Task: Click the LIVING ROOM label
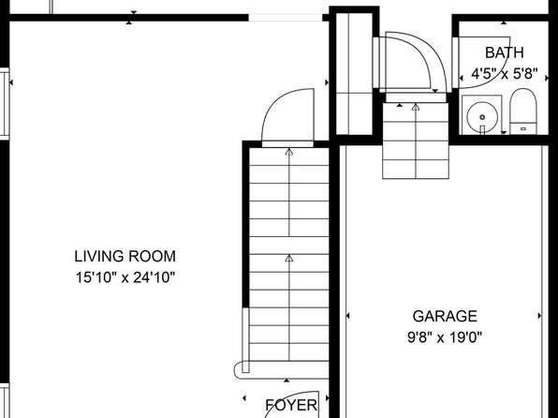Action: [x=125, y=257]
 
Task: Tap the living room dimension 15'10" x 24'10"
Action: [x=125, y=277]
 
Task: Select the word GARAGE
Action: [x=445, y=317]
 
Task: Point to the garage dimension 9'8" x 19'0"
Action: [x=445, y=336]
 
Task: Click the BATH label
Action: [x=505, y=52]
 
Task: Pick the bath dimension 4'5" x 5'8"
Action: [x=504, y=74]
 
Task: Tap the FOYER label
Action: [x=291, y=405]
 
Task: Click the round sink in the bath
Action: [x=482, y=117]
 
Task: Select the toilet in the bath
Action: [x=523, y=112]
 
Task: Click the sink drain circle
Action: [x=482, y=117]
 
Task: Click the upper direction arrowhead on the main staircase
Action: [x=289, y=152]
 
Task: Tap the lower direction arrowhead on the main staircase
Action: [x=289, y=258]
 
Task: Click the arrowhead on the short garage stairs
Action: [x=416, y=107]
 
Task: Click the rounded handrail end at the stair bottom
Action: [x=238, y=370]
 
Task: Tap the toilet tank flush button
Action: [x=523, y=128]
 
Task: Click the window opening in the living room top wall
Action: [x=285, y=18]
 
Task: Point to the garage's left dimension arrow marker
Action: [x=347, y=315]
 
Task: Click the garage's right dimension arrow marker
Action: [x=540, y=315]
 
